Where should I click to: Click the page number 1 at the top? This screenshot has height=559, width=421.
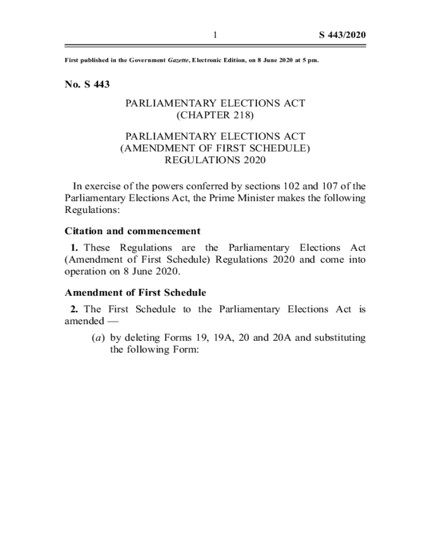coord(215,35)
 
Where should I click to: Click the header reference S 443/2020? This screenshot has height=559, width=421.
coord(342,35)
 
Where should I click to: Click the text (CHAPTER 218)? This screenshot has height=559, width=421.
coord(215,115)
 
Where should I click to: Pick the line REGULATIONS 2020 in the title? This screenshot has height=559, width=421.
coord(215,160)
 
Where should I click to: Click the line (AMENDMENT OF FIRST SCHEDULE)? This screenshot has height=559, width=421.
coord(215,147)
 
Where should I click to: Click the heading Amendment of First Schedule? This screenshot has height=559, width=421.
coord(135,293)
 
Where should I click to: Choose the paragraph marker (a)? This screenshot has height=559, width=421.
coord(99,338)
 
